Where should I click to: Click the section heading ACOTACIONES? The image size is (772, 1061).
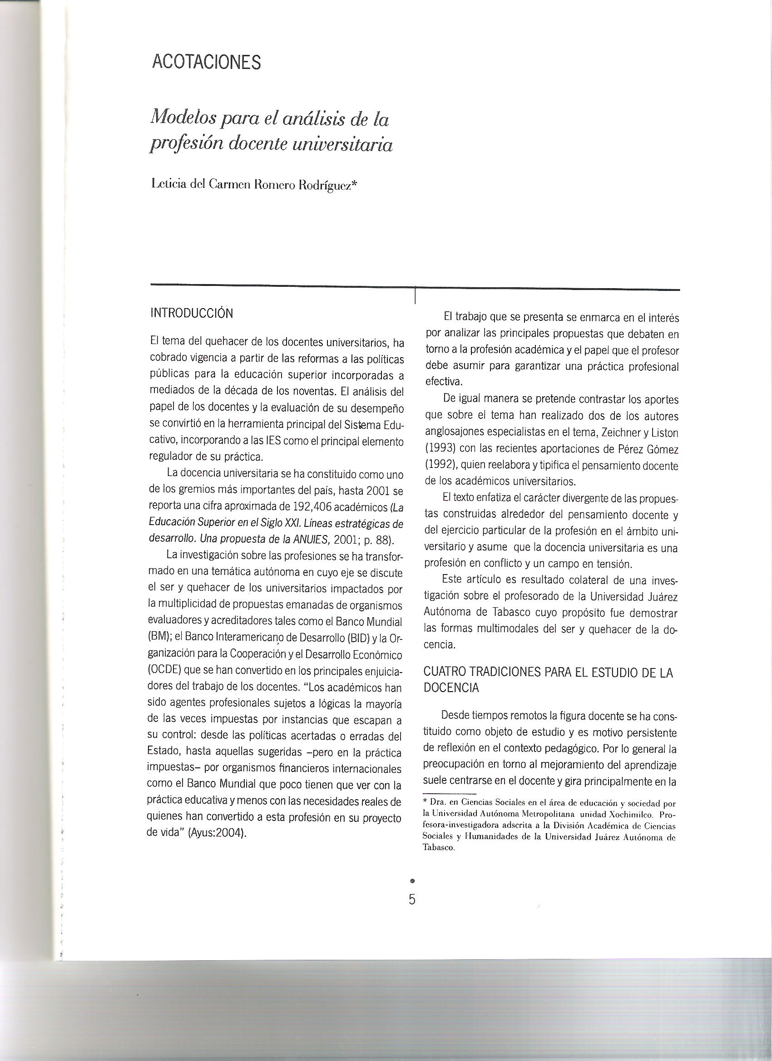pos(207,62)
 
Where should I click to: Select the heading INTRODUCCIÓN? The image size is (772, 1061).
pos(191,313)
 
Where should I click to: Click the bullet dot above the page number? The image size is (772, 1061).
pos(412,881)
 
